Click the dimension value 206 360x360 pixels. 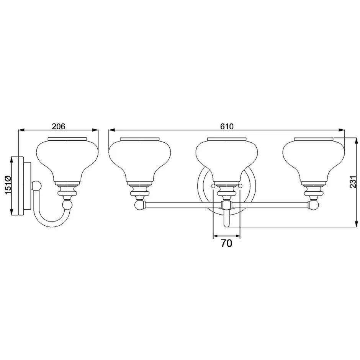[x=59, y=126]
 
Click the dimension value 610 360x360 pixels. [x=227, y=126]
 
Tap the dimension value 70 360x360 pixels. [x=226, y=243]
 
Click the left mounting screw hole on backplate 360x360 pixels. [x=213, y=186]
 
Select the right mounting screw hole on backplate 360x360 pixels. [x=240, y=186]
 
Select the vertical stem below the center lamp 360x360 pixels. [x=226, y=218]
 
